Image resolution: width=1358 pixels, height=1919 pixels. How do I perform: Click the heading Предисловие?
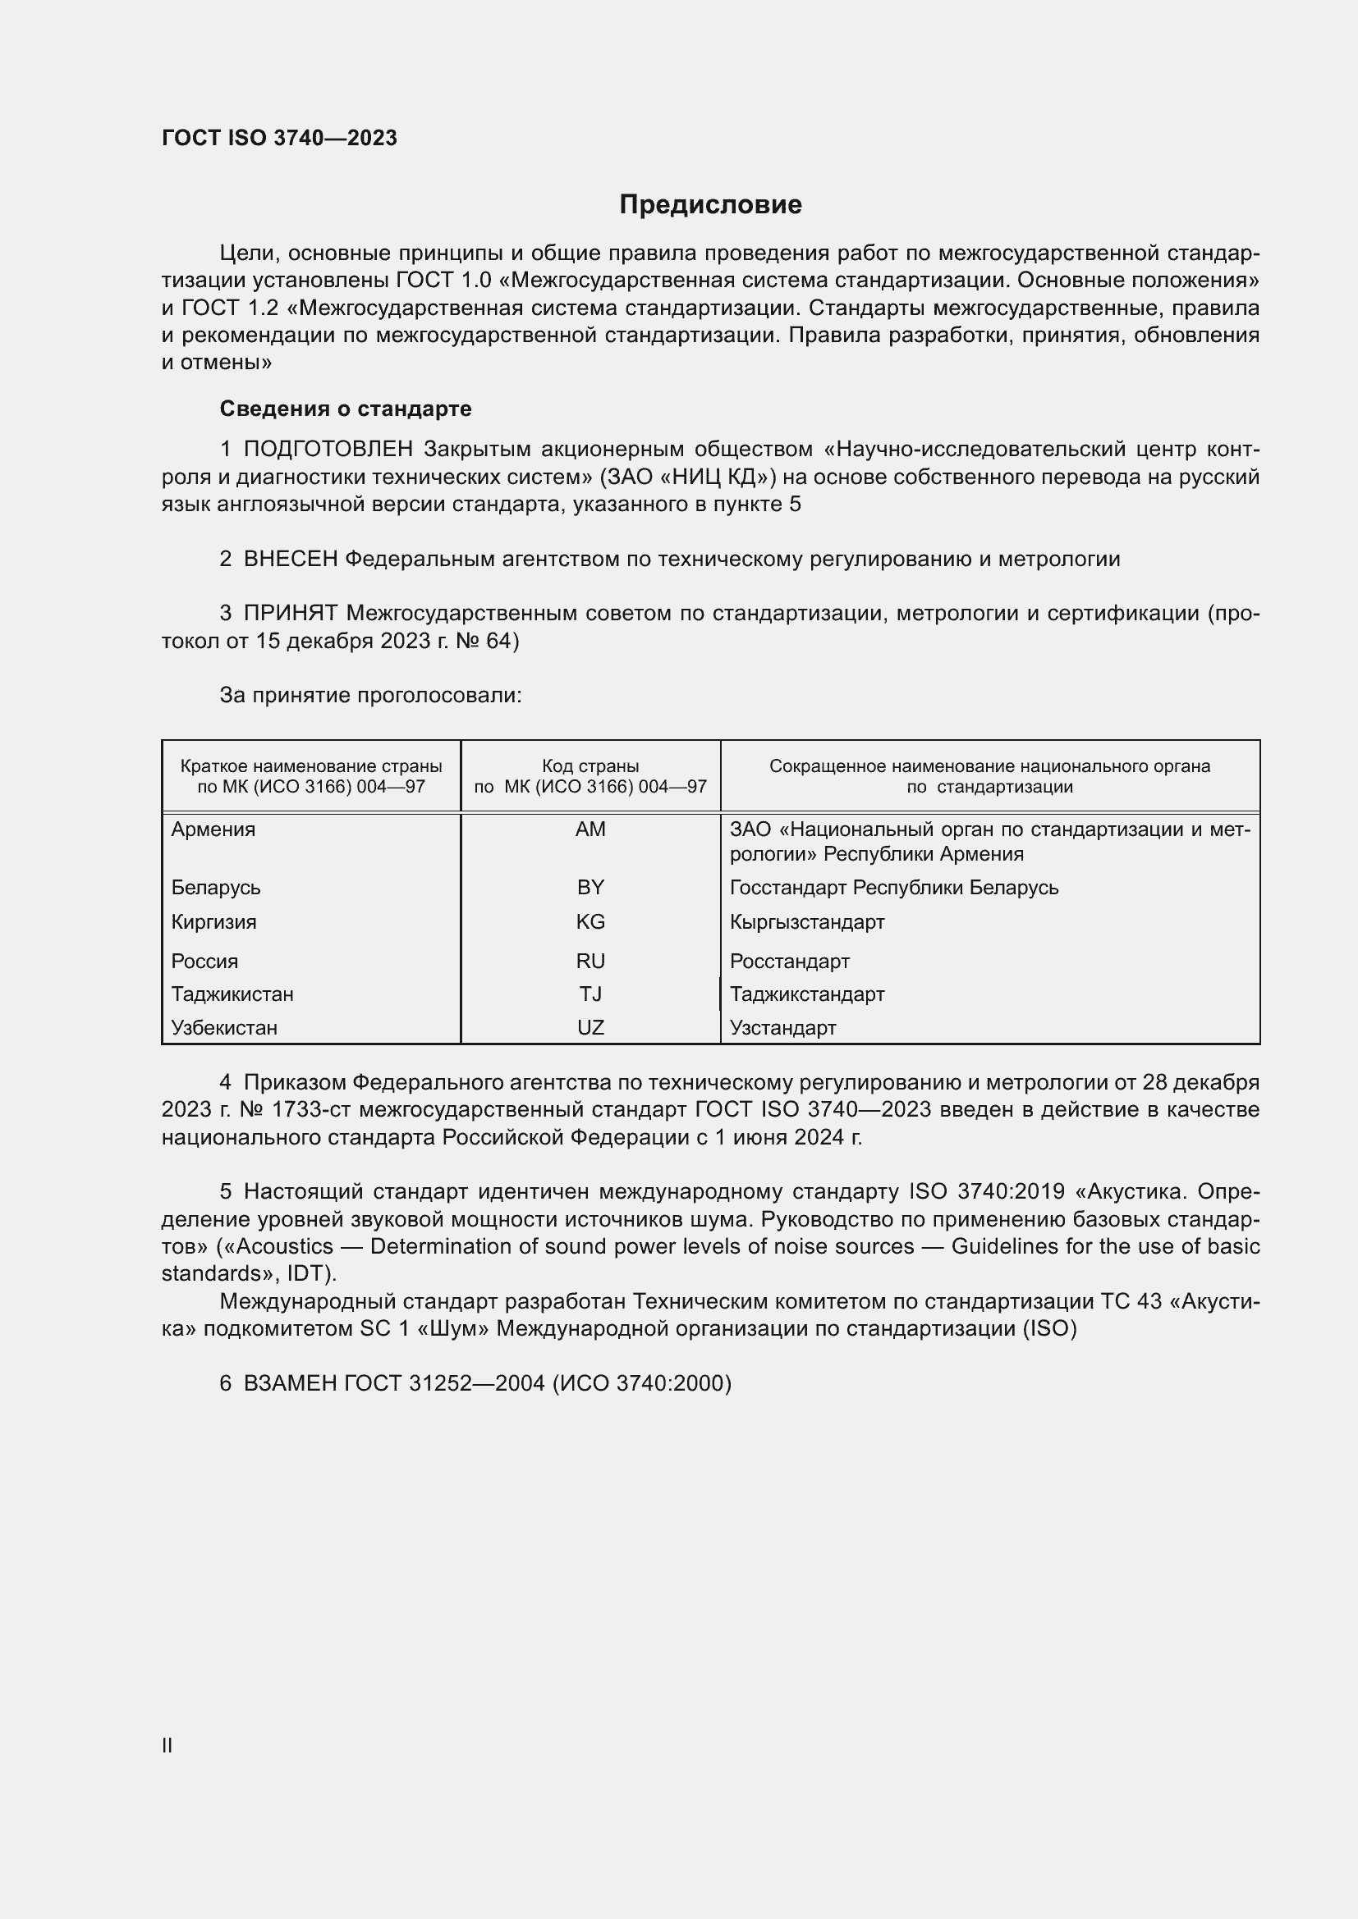pos(710,205)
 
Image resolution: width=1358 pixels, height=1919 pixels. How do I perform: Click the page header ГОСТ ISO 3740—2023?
pos(279,138)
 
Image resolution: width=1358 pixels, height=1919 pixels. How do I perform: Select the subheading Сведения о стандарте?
pos(346,409)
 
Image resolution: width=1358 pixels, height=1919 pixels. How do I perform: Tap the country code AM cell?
pos(590,829)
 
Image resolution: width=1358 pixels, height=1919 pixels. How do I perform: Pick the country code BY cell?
pos(590,887)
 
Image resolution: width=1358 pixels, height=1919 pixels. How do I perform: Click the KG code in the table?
pos(590,922)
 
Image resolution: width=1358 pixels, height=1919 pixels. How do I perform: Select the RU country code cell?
pos(590,962)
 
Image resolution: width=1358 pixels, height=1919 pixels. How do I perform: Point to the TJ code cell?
pos(590,994)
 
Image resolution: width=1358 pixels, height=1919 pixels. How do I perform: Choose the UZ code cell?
pos(590,1027)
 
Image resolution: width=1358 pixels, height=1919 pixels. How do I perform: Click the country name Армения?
pos(213,829)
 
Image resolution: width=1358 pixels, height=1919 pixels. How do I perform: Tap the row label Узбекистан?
pos(224,1027)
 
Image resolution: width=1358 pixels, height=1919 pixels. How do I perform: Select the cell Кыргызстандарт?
pos(807,922)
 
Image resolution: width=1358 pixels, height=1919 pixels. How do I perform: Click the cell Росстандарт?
pos(789,962)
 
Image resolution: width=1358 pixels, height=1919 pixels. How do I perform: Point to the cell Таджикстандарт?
pos(807,994)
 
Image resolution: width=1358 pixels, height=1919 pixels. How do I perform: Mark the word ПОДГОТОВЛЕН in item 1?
pos(328,450)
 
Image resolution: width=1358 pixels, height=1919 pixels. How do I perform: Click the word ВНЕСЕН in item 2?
pos(290,560)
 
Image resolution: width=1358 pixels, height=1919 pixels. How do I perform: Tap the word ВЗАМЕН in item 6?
pos(290,1383)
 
